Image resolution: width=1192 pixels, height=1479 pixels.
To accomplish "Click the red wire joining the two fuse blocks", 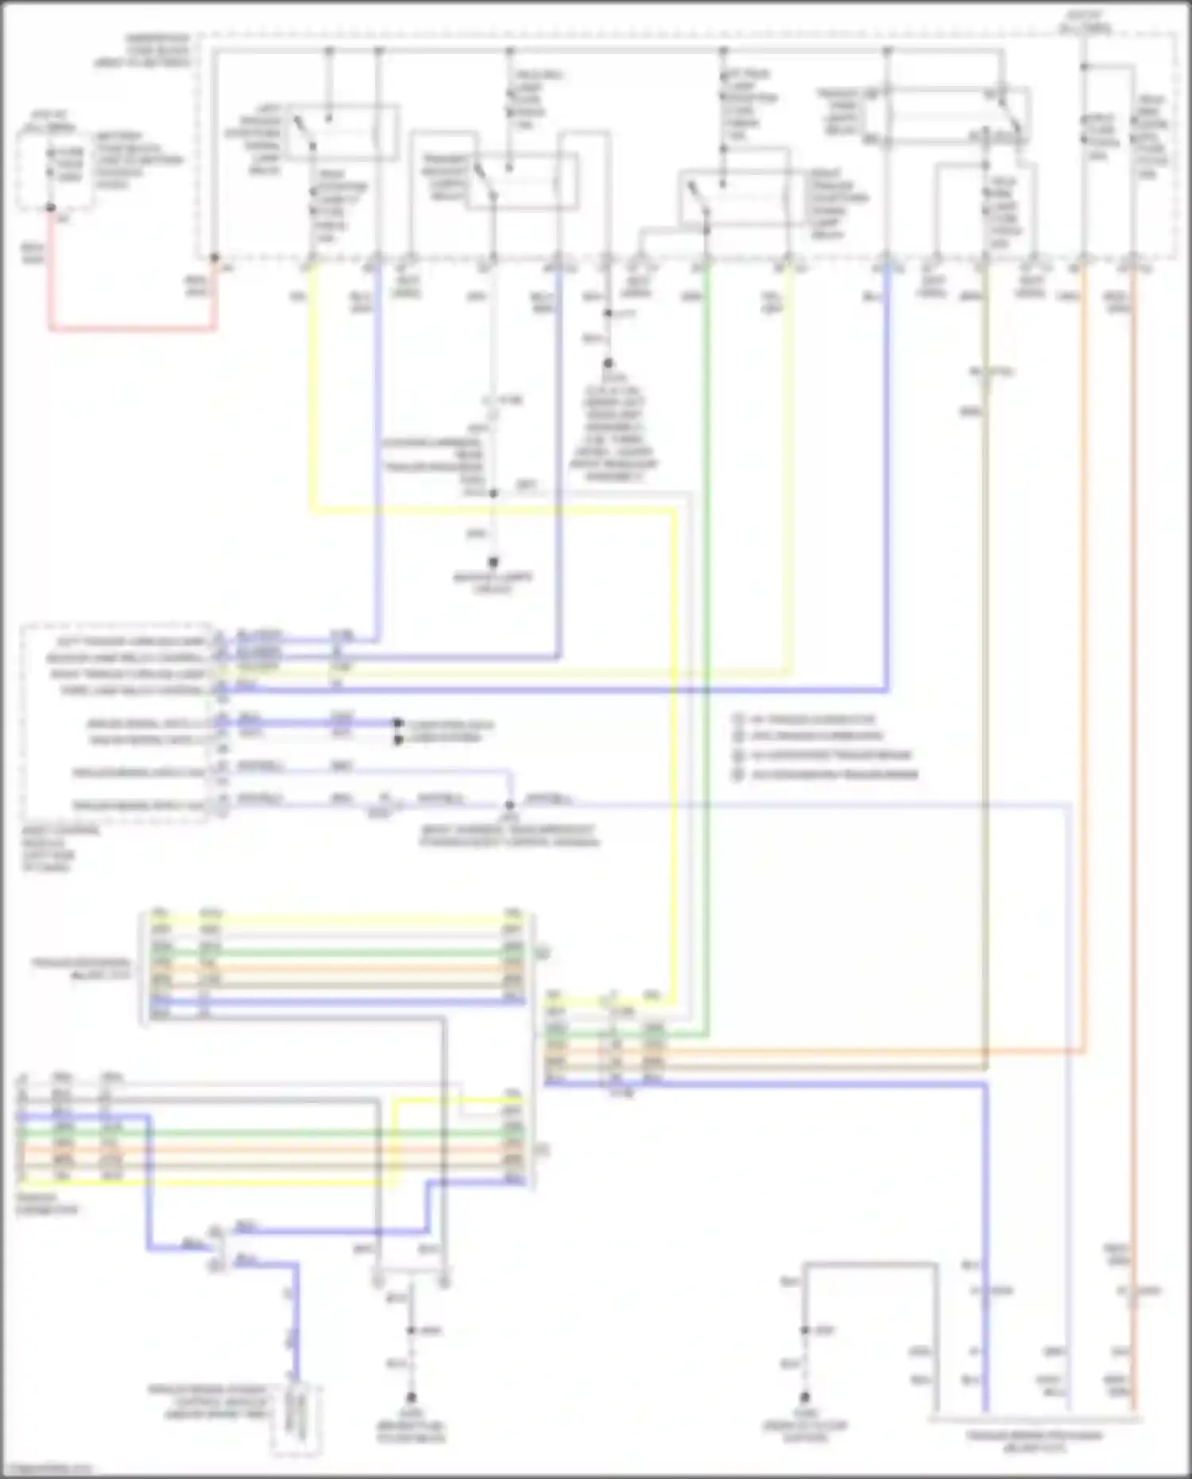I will click(x=131, y=327).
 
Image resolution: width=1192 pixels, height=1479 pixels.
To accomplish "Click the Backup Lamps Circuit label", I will click(x=493, y=582).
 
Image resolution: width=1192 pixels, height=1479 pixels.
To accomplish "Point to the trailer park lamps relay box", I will click(x=946, y=115).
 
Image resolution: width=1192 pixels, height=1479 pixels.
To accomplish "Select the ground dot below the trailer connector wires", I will click(x=412, y=1396).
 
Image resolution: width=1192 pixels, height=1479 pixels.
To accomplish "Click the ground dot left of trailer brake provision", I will click(x=804, y=1396).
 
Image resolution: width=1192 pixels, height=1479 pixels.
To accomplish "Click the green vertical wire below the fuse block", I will click(x=706, y=397).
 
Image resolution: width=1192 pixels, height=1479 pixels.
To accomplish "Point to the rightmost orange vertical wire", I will click(x=1133, y=715).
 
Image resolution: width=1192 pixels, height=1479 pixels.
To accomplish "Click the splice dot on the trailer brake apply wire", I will click(x=509, y=804).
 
